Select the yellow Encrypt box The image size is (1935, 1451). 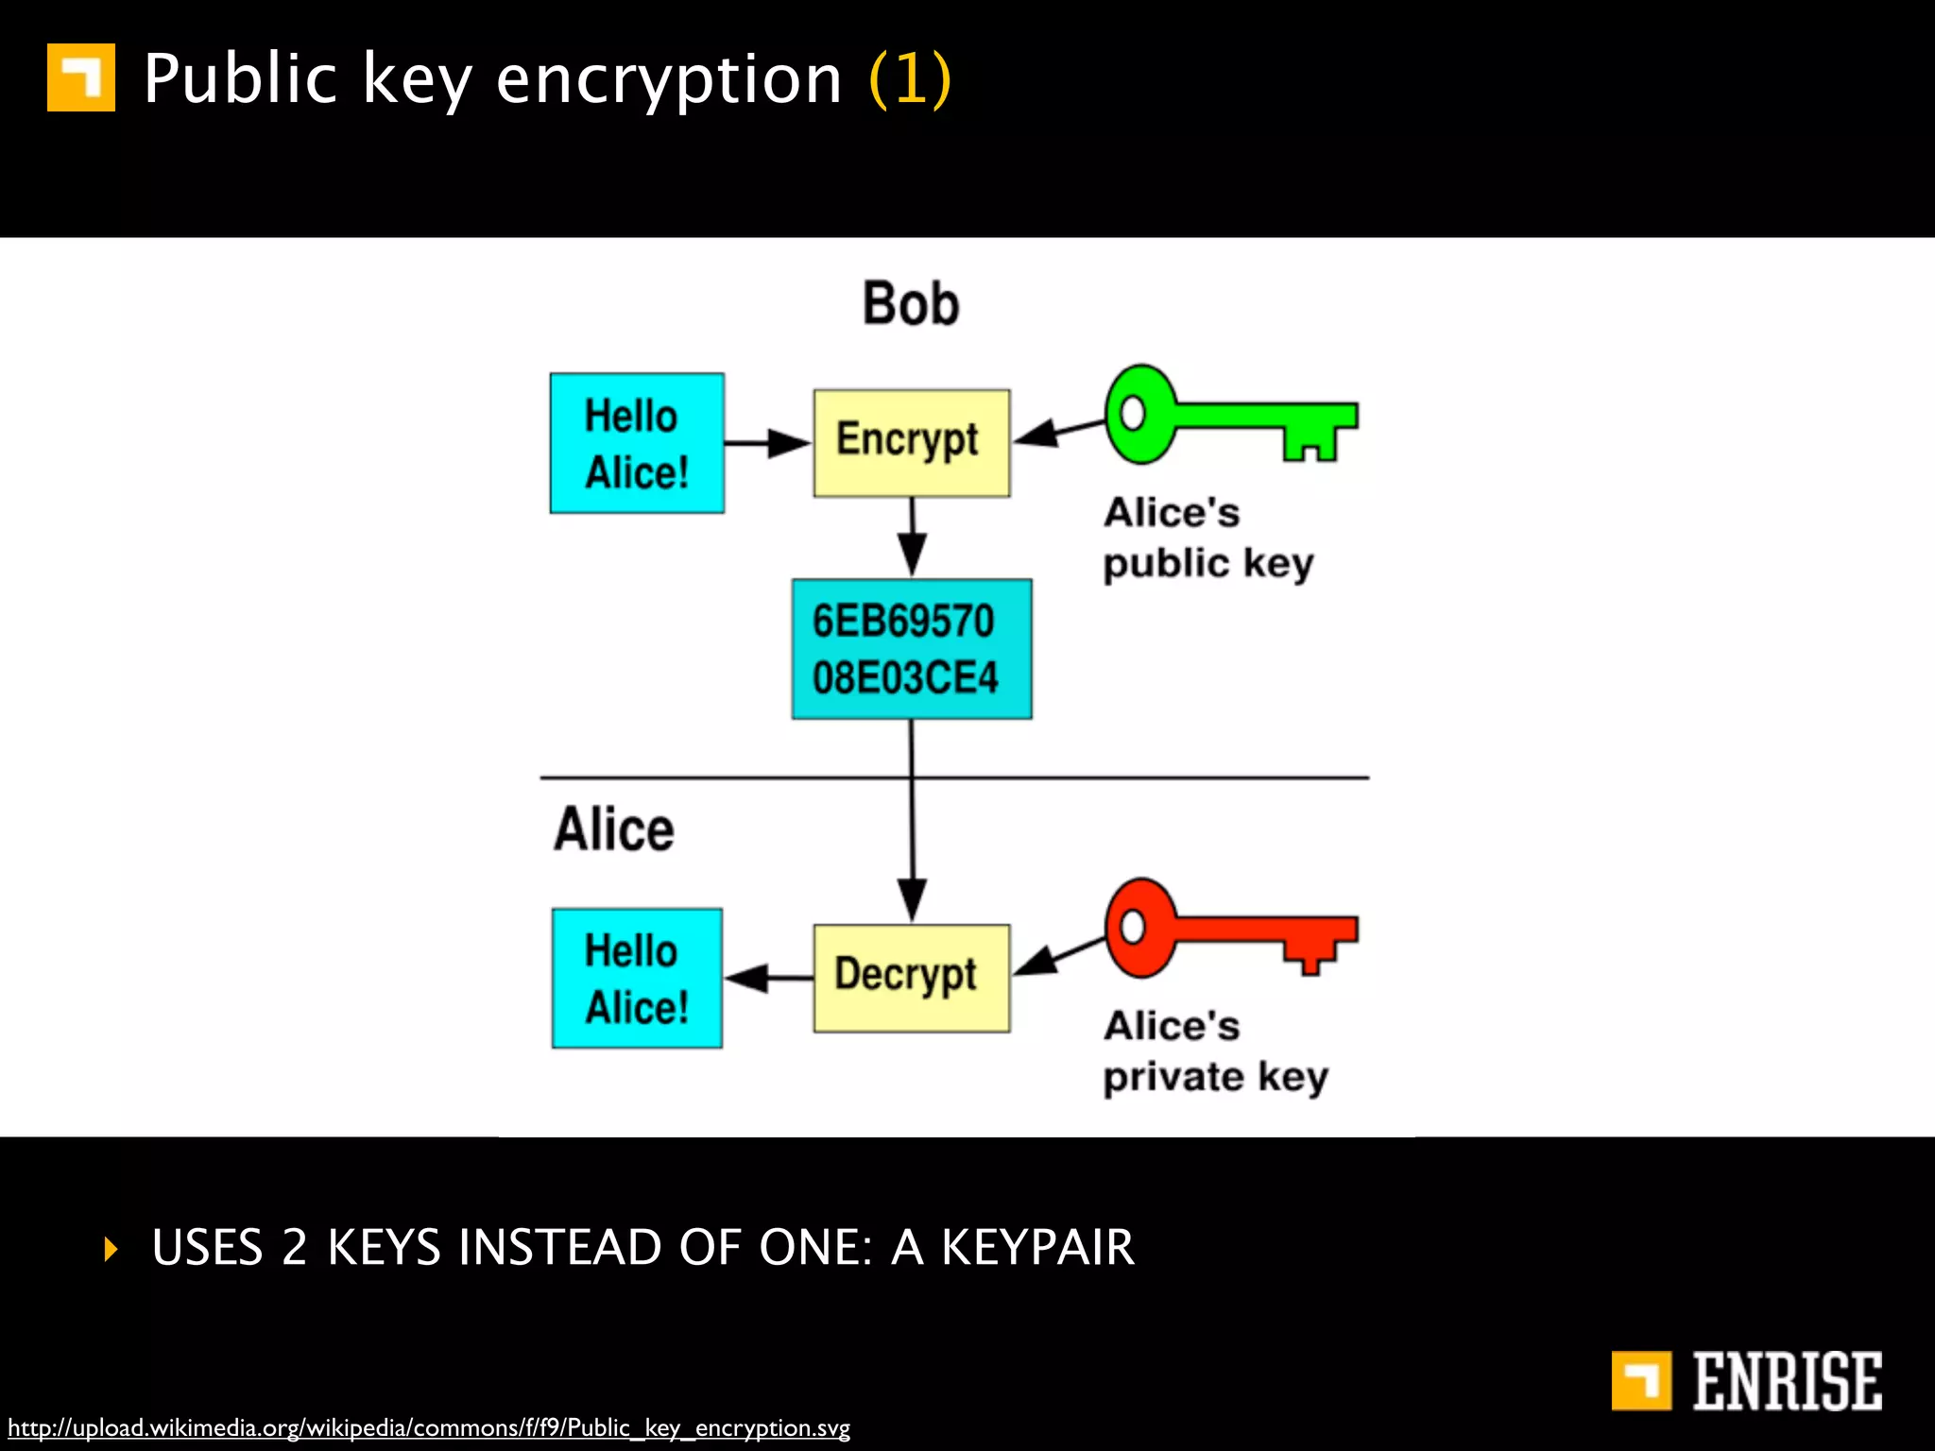911,442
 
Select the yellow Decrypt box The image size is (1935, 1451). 911,978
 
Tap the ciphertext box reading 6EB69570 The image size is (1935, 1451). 911,649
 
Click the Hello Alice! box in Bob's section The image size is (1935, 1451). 637,443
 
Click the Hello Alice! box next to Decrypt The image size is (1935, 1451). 637,978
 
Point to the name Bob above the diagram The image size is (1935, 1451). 911,304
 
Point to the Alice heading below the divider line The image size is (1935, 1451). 614,828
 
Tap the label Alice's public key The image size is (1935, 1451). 1207,538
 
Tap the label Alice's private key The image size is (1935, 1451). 1215,1050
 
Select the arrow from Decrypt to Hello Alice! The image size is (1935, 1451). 767,978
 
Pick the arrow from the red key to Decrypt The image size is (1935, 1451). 1058,956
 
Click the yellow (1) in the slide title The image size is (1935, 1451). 909,79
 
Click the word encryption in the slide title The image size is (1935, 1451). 668,79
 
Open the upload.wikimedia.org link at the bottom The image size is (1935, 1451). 429,1427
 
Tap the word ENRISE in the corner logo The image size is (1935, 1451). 1786,1381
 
